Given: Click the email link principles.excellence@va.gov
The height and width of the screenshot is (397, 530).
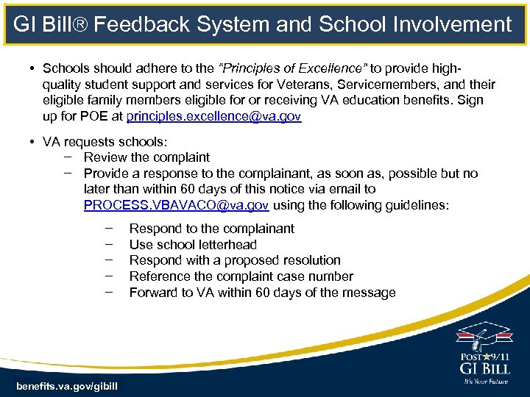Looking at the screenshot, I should pos(213,117).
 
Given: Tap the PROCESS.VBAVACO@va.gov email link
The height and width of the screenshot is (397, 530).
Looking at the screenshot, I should pos(176,205).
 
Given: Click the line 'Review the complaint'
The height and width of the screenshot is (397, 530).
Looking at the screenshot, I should pos(146,157).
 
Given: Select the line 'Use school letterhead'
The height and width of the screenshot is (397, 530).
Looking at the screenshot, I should pos(193,244).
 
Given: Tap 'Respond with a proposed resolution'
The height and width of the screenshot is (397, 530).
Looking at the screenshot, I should pos(235,260).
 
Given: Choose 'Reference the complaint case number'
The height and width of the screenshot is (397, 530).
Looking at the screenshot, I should pos(241,276).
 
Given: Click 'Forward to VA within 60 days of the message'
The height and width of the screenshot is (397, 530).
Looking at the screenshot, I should pos(262,293).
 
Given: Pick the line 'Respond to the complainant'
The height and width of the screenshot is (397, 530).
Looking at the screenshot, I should pos(211,228).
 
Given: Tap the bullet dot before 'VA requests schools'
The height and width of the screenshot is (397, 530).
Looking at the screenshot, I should pos(33,141).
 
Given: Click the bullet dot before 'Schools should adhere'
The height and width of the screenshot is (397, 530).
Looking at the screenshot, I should pos(33,68).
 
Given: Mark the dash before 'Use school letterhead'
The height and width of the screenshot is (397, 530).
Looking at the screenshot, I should pos(108,244).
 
